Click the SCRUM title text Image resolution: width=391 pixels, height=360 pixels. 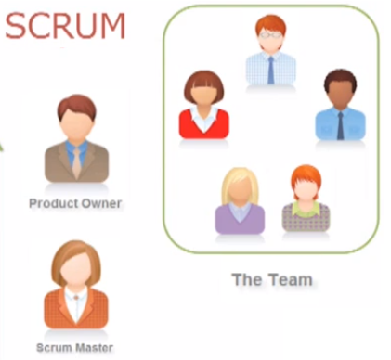coord(65,26)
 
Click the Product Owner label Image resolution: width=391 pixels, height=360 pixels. coord(75,203)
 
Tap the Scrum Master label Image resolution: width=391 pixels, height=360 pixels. coord(74,348)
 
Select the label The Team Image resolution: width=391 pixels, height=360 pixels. coord(272,278)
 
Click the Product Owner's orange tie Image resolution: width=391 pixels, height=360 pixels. coord(75,161)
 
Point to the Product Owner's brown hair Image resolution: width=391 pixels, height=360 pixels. coord(75,107)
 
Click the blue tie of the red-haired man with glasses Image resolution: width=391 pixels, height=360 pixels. coord(270,69)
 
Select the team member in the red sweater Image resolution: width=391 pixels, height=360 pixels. coord(203,107)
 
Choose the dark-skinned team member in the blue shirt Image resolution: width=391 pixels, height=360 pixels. coord(340,107)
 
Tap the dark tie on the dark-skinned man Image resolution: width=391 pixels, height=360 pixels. coord(340,124)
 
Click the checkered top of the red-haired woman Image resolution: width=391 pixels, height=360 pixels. coord(306,219)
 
